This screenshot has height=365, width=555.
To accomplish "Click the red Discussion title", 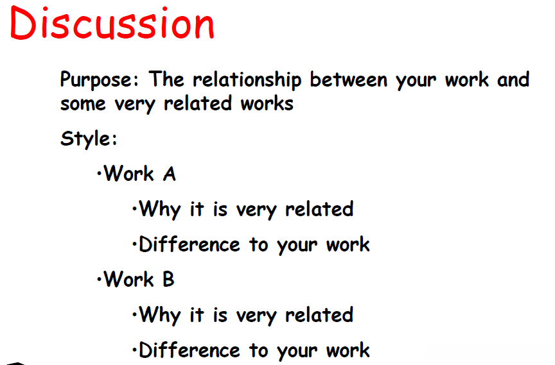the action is (112, 23).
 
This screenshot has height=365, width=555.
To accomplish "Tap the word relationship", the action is (247, 80).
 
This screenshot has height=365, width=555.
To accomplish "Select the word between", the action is (349, 80).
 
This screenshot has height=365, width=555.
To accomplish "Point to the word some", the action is (83, 104).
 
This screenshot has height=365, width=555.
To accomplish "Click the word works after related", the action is (267, 104).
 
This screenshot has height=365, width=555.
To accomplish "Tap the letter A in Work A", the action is (169, 174).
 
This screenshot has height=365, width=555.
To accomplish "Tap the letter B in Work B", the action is (168, 280).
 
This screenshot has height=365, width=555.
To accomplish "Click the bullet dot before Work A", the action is (99, 174).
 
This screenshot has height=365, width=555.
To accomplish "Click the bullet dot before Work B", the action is (99, 280).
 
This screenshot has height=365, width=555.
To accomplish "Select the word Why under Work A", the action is (160, 210).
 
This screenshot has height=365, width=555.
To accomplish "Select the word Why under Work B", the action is (160, 315).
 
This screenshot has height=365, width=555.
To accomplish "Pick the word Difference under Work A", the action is (189, 244).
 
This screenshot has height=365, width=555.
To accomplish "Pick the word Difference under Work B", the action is (189, 350).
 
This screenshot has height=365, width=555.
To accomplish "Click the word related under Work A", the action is (319, 209).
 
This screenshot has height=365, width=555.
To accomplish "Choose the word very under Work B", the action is (256, 316).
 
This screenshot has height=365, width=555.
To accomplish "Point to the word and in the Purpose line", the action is (513, 80).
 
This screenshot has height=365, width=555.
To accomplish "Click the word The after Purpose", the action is (166, 79).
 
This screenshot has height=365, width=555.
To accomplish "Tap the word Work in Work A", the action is (129, 174).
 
